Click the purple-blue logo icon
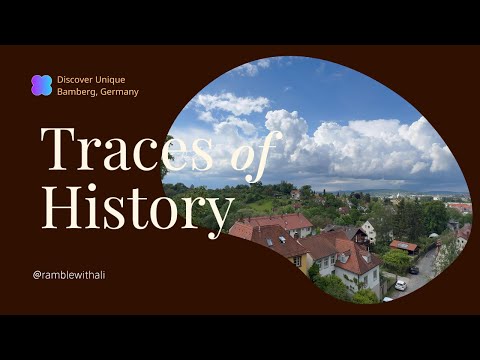pyautogui.click(x=41, y=85)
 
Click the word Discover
pyautogui.click(x=77, y=79)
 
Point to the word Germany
pyautogui.click(x=121, y=92)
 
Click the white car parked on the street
pyautogui.click(x=401, y=284)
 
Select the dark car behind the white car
pyautogui.click(x=414, y=269)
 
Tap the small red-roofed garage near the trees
pyautogui.click(x=404, y=246)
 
